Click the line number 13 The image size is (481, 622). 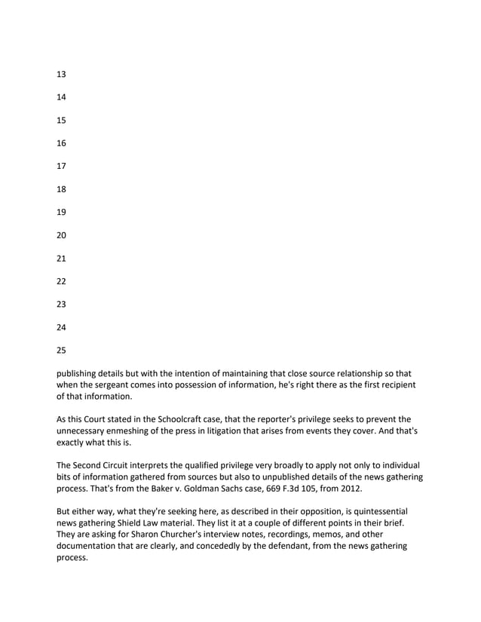pyautogui.click(x=61, y=74)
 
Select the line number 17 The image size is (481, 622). pyautogui.click(x=61, y=166)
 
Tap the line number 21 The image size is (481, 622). pyautogui.click(x=61, y=258)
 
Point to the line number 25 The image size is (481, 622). pyautogui.click(x=61, y=350)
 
